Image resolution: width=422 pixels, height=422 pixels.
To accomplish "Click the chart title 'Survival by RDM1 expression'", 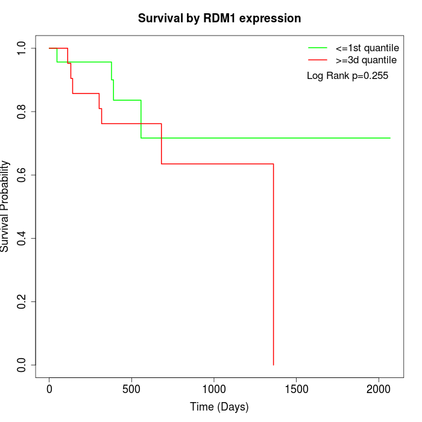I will pos(219,18).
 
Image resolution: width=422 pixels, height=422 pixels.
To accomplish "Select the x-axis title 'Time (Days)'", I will pos(219,407).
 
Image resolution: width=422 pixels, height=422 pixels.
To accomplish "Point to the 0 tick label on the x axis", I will pos(49,388).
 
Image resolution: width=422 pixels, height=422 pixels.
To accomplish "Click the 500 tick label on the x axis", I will pos(131,388).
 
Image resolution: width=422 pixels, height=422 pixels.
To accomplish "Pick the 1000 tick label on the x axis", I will pos(214,388).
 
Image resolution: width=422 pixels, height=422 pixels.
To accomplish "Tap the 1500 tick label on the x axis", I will pos(296,388).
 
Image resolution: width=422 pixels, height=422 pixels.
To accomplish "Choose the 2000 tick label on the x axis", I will pos(379,388).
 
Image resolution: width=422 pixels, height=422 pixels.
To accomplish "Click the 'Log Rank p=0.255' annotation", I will pos(347,76).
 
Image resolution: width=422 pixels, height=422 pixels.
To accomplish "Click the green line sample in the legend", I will pos(318,47).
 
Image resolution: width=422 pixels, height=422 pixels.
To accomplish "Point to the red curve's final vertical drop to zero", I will pos(274,265).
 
